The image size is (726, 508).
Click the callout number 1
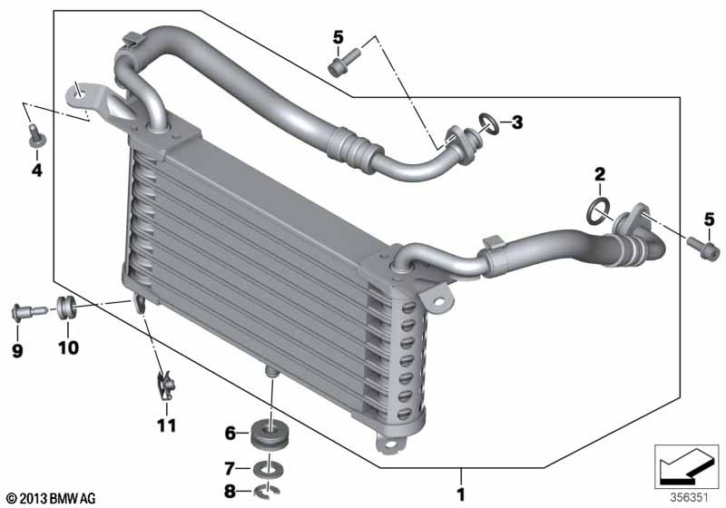point(461,494)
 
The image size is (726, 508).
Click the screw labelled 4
point(36,135)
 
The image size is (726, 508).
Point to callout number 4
point(36,171)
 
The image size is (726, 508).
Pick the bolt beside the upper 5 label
point(344,62)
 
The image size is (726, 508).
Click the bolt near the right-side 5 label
point(703,249)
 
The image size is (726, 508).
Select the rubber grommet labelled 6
point(270,433)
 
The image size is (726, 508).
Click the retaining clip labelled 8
point(267,491)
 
